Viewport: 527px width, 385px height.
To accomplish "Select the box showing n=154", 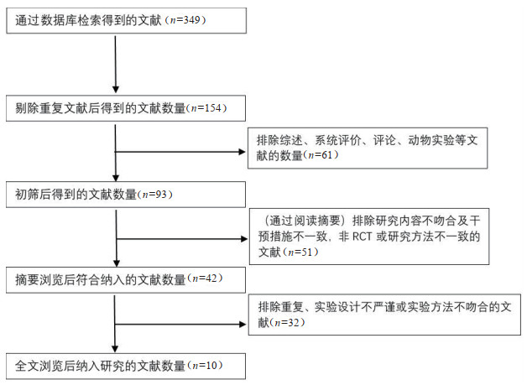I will [x=126, y=108].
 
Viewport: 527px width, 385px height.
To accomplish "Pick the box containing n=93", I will [x=126, y=195].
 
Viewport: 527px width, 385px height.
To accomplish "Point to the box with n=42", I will [x=126, y=279].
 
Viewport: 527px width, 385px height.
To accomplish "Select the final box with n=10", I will [x=126, y=366].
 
